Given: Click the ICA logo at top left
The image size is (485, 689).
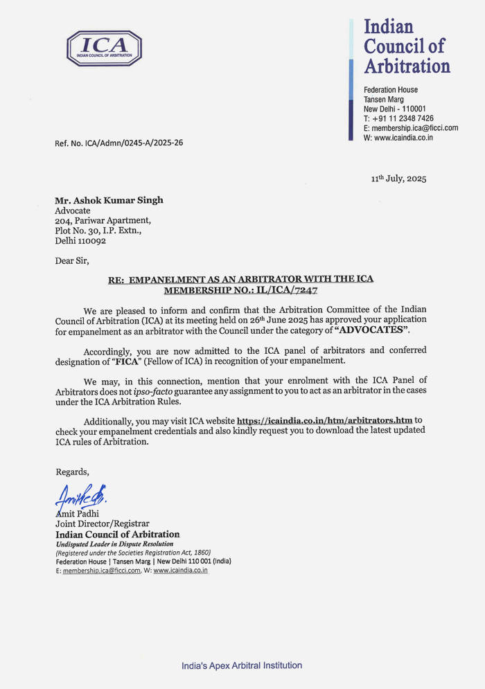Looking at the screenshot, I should [104, 48].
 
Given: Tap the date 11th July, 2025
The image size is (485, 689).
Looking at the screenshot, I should [398, 179].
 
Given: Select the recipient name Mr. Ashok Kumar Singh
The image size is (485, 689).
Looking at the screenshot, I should [109, 200].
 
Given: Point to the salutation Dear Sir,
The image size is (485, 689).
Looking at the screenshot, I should [72, 261].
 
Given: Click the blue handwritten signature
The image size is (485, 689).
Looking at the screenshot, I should [82, 496].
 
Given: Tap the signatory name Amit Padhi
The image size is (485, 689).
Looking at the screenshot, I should [78, 514].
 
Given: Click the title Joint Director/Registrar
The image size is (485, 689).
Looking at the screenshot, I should [103, 524].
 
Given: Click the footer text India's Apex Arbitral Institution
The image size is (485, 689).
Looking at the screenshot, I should [242, 665].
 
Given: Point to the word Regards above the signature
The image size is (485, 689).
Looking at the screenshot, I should [73, 472].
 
